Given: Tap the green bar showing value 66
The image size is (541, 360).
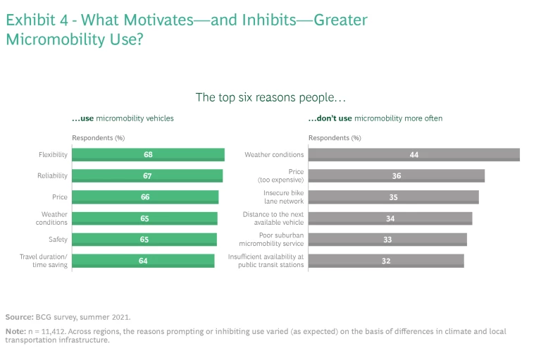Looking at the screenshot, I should tap(145, 197).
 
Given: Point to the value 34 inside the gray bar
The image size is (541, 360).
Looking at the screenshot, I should tap(390, 218).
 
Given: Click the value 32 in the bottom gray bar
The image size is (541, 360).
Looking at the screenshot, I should tap(386, 261).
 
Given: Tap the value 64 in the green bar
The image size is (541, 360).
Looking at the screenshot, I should tap(144, 261).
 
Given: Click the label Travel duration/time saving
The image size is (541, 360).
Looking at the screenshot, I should tap(43, 261).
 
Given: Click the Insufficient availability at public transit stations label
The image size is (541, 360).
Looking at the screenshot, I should tap(266, 261).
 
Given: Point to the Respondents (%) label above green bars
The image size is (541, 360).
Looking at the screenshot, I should tap(99, 138).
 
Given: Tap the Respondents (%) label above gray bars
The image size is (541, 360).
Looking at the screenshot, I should tap(335, 138).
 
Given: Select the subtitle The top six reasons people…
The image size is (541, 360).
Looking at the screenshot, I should tap(270, 97).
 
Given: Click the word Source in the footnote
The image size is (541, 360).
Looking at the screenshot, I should tap(18, 317).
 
